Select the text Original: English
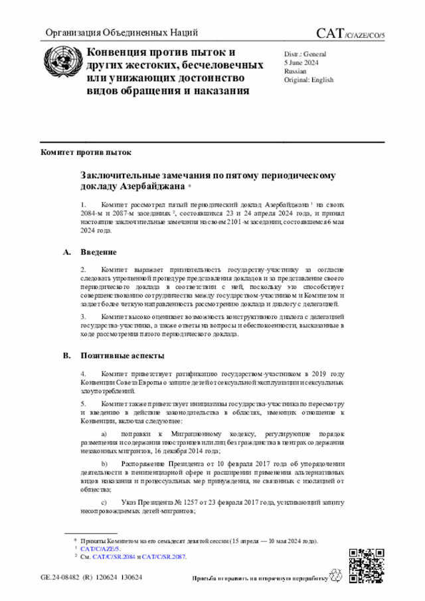point(309,80)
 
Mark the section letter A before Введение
point(66,252)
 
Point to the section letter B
point(66,356)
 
